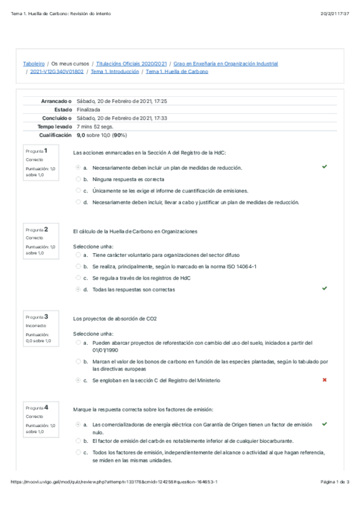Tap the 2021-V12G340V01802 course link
click(x=57, y=72)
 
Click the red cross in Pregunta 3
click(x=325, y=380)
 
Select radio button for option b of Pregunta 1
click(x=78, y=179)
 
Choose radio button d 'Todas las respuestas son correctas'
click(x=78, y=289)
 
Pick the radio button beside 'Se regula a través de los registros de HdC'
click(x=78, y=278)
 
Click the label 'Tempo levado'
click(x=55, y=127)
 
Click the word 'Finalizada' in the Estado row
click(x=88, y=110)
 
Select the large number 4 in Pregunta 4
click(x=46, y=407)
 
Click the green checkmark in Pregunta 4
click(x=325, y=424)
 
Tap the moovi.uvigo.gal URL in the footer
click(x=114, y=499)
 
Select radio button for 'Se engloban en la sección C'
click(x=78, y=380)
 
